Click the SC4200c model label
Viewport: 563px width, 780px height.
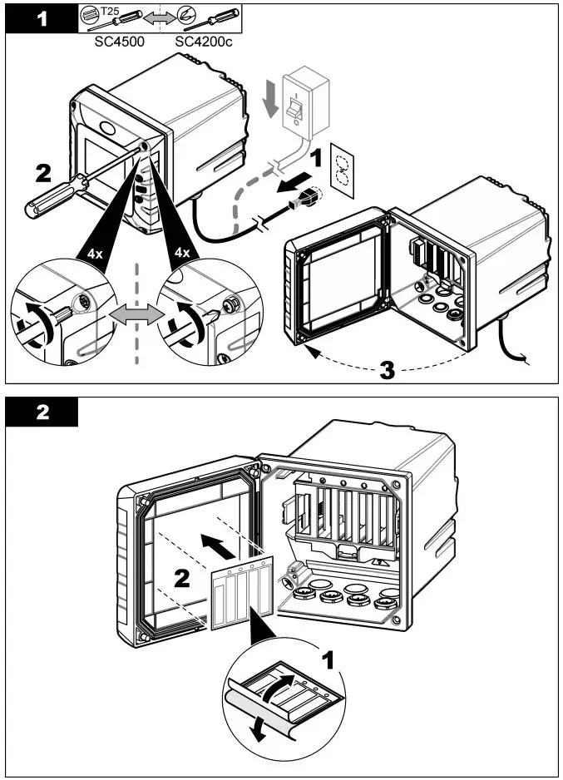(204, 41)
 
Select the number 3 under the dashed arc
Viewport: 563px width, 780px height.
(388, 370)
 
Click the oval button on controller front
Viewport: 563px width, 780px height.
(110, 130)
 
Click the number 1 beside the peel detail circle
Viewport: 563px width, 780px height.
(330, 660)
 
